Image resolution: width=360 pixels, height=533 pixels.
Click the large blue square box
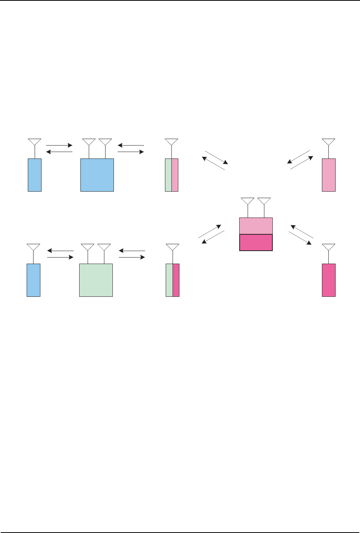(97, 175)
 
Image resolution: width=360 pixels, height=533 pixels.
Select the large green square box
(96, 280)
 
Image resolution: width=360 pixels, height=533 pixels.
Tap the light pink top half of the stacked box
(256, 226)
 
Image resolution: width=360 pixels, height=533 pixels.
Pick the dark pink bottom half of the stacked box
(256, 242)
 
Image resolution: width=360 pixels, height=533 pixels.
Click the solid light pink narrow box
(329, 175)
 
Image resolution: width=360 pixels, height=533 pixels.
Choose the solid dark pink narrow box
(329, 280)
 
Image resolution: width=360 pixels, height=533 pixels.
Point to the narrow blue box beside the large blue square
(35, 175)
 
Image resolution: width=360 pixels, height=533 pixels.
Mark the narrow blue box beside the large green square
(34, 280)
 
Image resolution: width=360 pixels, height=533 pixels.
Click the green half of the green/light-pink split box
(168, 175)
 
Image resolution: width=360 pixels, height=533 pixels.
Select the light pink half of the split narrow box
(175, 175)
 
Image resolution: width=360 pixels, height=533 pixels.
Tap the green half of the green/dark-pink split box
(170, 280)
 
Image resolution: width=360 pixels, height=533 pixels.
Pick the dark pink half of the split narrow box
(176, 280)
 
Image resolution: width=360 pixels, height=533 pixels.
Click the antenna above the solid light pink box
(329, 142)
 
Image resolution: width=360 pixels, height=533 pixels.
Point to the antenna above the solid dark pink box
(329, 248)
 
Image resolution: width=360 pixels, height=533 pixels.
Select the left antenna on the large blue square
(89, 142)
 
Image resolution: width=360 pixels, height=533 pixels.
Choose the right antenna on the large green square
(104, 248)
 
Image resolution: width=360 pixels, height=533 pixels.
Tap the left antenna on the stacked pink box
(248, 202)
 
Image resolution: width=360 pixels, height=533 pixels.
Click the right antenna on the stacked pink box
(264, 202)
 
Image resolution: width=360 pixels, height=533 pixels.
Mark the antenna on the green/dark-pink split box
(173, 248)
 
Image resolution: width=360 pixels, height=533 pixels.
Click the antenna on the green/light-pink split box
(171, 142)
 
